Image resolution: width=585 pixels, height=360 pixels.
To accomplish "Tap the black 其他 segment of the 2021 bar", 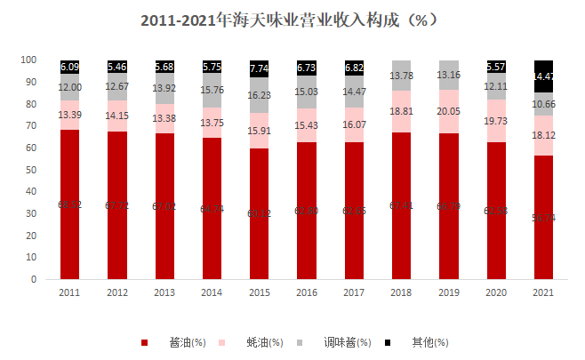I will coord(542,76).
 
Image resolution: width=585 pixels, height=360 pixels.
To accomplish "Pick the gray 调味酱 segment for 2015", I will coord(259,95).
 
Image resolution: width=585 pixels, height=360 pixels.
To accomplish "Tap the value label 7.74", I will coord(259,68).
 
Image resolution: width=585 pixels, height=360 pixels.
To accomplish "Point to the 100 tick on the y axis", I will coord(28,60).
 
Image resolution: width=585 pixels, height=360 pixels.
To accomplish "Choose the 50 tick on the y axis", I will coord(31,170).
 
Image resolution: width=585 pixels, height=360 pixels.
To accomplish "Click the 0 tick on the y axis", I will coord(34,279).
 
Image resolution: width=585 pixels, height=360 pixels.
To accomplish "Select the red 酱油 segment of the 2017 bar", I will coord(353,213).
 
